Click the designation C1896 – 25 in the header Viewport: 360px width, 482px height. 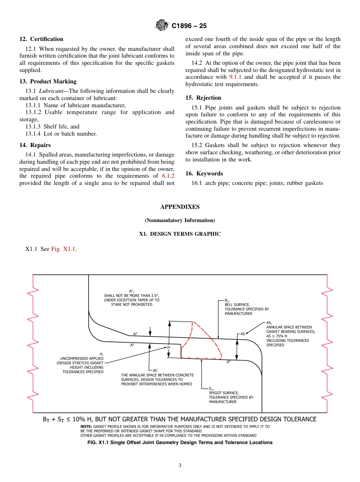coord(189,26)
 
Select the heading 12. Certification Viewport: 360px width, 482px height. coord(41,39)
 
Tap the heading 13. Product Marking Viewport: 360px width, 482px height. coord(48,81)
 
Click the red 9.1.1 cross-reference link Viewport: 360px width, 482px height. coord(236,77)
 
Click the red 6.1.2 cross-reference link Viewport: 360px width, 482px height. coord(168,176)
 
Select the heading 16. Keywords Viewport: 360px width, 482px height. coord(204,174)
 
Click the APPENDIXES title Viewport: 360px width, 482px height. coord(180,207)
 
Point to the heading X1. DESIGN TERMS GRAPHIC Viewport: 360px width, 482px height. coord(180,234)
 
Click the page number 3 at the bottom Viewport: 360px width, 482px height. coord(180,466)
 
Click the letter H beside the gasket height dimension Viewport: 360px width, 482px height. coord(168,347)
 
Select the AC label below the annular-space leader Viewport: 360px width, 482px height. coord(155,370)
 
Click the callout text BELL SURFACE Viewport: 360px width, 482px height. coord(237,304)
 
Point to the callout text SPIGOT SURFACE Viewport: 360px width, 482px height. coord(224,393)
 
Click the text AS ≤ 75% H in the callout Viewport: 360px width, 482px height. coord(279,336)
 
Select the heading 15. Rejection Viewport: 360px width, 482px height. coord(203,98)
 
